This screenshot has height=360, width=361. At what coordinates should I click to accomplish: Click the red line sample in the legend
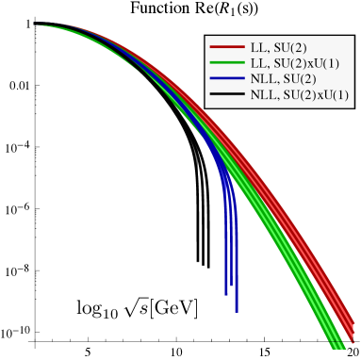[226, 46]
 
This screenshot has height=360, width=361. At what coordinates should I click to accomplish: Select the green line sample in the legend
[226, 62]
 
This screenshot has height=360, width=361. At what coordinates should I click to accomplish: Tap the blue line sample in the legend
[226, 79]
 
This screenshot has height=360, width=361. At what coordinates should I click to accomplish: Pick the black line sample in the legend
[226, 95]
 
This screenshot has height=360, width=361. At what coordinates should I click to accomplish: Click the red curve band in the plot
[283, 188]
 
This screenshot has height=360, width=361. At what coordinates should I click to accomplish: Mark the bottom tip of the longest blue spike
[237, 311]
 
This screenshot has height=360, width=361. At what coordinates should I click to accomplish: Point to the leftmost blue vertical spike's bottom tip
[226, 294]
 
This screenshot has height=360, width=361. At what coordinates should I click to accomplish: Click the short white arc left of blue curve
[194, 156]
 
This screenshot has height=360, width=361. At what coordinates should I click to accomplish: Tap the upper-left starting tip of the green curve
[39, 25]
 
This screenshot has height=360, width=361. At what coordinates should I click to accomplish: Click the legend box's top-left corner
[205, 36]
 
